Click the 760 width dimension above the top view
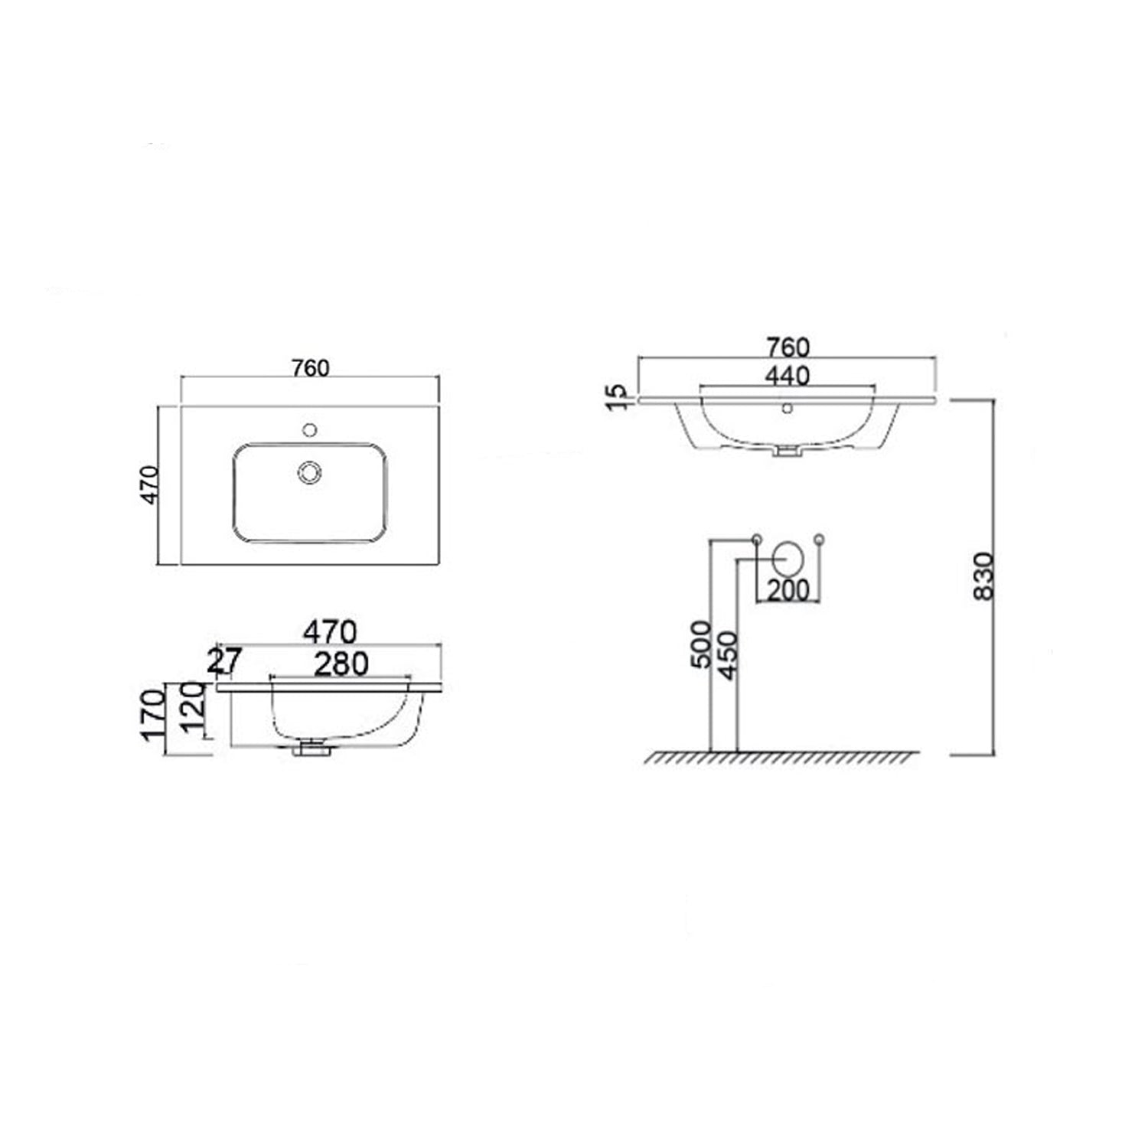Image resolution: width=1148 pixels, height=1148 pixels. coord(310,368)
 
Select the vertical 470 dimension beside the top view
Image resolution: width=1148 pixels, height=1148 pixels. coord(150,484)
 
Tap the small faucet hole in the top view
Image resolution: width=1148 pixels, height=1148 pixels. coord(310,429)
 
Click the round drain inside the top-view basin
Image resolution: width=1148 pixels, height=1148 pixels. coord(310,472)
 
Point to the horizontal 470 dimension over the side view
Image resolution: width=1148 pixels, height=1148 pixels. coord(330,632)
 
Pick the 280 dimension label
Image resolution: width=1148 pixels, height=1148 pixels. coord(341,664)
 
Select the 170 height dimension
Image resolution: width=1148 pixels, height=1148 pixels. coord(152,714)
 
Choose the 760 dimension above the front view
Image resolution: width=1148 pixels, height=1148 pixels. coord(788,347)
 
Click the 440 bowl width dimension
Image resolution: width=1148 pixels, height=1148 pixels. coord(788,376)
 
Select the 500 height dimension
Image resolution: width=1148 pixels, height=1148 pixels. coord(701,644)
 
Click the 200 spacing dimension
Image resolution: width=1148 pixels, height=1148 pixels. coord(788,591)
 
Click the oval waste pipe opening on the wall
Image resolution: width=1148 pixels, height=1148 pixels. coord(788,559)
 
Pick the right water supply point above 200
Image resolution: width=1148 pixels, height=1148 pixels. coord(820,539)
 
